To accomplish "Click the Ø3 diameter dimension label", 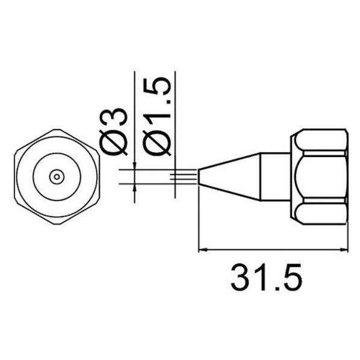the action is click(113, 131).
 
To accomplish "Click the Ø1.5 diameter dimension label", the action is click(157, 116).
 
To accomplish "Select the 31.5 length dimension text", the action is click(266, 277).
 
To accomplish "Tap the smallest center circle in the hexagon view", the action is click(57, 177).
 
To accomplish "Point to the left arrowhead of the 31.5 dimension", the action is click(203, 249).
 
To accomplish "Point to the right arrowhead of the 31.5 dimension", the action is click(344, 249).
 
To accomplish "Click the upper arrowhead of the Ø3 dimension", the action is click(134, 166).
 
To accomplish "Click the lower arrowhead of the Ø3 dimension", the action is click(134, 188).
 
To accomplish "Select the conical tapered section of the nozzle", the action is click(229, 177).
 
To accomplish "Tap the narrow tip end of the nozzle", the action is click(199, 177).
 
